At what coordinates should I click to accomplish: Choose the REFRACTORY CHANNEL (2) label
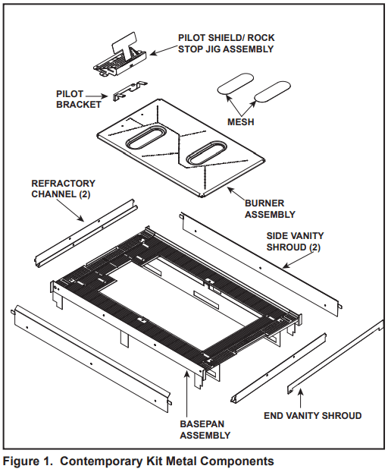tap(63, 188)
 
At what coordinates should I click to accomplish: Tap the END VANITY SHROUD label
tap(312, 415)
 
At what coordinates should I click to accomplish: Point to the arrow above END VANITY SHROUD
tap(301, 396)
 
